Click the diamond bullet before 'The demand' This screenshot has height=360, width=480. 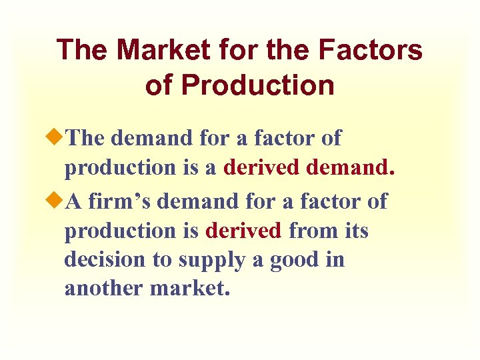[x=59, y=138]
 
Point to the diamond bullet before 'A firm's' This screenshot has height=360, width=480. [x=59, y=201]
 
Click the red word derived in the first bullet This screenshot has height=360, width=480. [x=261, y=167]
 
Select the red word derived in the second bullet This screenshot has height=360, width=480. [x=244, y=231]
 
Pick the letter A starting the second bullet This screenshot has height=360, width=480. [x=74, y=201]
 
